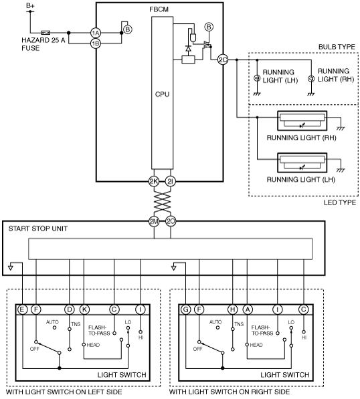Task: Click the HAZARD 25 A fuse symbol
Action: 46,33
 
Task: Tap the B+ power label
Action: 30,5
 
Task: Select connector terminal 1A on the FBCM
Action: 96,33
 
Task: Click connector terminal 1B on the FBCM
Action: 96,43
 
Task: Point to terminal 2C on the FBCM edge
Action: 223,59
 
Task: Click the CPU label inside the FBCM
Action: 163,94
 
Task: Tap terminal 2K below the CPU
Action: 154,181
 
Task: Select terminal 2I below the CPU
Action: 170,181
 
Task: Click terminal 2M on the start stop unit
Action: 154,221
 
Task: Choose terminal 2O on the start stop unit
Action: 171,221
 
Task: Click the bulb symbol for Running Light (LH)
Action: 257,78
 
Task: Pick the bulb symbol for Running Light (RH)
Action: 311,78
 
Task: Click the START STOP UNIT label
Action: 38,229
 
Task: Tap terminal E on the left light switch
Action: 22,309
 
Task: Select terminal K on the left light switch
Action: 84,309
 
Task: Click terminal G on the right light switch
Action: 186,309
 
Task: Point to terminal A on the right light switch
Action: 248,309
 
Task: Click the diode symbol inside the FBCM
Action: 189,49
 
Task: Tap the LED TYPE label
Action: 340,203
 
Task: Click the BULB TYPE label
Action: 337,47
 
